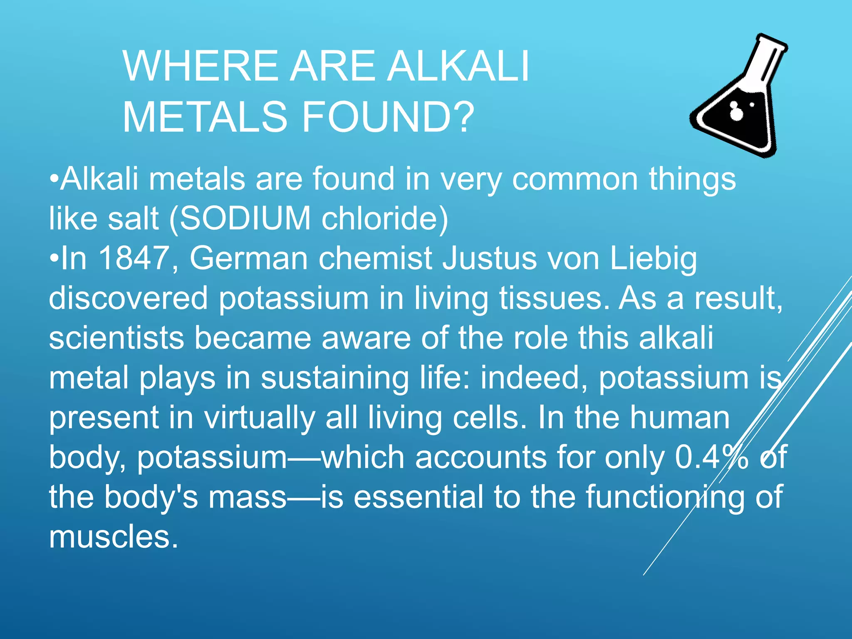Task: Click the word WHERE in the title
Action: [200, 66]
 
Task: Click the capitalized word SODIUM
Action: [245, 218]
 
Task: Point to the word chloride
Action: [385, 218]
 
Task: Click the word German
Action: [249, 258]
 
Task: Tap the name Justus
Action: [489, 258]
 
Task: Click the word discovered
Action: [128, 298]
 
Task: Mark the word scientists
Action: [116, 338]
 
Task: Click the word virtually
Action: [260, 418]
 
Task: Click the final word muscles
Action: [113, 537]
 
